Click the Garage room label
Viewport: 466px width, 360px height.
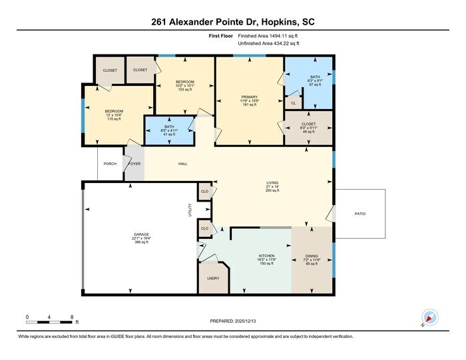click(x=142, y=234)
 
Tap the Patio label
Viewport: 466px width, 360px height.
click(x=359, y=214)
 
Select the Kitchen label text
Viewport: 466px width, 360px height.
click(x=266, y=256)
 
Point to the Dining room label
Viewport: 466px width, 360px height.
click(x=312, y=256)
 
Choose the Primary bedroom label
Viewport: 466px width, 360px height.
click(x=249, y=97)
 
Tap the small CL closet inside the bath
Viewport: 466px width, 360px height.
click(x=293, y=103)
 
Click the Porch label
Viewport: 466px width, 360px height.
click(x=110, y=164)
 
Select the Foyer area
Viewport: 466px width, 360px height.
click(x=134, y=164)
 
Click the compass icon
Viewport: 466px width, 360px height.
click(x=429, y=319)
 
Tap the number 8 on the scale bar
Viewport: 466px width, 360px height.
click(x=71, y=317)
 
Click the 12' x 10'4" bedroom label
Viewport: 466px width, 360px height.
click(x=115, y=115)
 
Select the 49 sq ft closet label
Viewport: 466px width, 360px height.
click(x=308, y=132)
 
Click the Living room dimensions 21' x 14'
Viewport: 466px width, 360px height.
click(x=272, y=186)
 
